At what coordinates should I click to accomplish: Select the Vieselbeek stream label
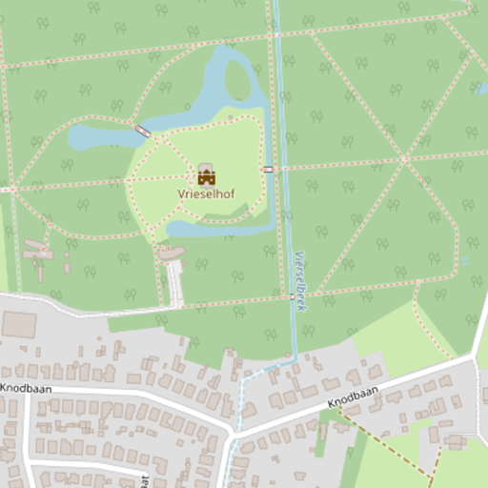pos(300,281)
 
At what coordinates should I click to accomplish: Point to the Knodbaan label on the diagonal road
pos(353,398)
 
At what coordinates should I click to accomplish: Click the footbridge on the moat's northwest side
pos(143,130)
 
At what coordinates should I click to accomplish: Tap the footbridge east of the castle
pos(269,169)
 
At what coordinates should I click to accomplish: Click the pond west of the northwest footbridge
pos(95,139)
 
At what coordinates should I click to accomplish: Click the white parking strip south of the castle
pos(174,283)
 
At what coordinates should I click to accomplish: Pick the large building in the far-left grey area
pos(18,325)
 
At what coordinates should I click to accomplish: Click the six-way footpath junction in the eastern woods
pos(405,158)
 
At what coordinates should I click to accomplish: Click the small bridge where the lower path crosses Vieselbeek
pos(293,296)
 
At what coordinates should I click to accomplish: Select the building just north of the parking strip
pos(171,253)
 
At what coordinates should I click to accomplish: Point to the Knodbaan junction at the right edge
pos(474,357)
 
